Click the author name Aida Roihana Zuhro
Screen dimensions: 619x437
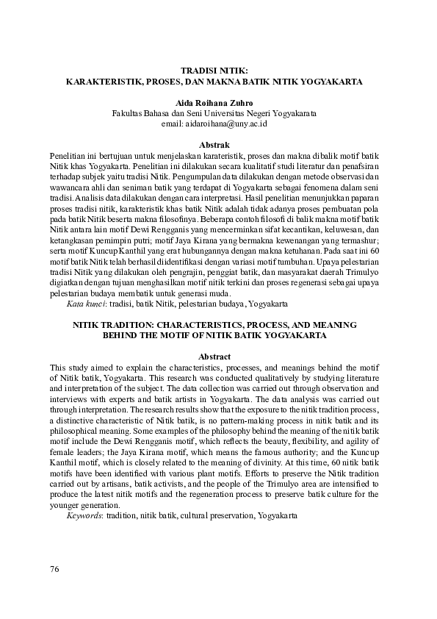click(x=218, y=104)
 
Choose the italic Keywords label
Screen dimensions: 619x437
click(x=84, y=518)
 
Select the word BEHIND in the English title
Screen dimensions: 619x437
click(x=120, y=335)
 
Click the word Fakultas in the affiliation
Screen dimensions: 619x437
click(x=128, y=114)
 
